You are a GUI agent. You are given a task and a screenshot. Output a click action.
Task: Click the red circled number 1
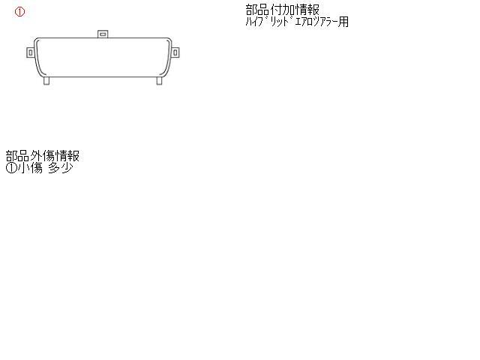coord(19,12)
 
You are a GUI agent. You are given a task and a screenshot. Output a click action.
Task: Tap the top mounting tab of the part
coord(103,34)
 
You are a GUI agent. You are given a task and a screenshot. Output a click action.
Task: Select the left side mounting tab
coord(30,52)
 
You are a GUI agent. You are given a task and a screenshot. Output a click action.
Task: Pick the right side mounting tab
coord(175,52)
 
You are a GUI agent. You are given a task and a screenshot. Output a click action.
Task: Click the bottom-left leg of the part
coord(46,80)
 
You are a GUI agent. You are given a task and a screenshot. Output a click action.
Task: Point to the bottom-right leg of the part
coord(159,80)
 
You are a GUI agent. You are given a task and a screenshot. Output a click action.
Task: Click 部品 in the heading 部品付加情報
coord(257,10)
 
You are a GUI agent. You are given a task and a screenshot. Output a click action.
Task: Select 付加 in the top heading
coord(283,10)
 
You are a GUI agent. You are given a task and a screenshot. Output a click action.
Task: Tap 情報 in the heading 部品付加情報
coord(307,10)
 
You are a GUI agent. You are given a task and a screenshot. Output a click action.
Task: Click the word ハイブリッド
coord(268,22)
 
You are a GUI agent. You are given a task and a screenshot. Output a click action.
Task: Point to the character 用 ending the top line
coord(343,22)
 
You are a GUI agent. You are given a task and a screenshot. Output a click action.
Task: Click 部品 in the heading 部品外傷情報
coord(17,156)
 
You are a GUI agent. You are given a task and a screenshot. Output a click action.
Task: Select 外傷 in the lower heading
coord(42,156)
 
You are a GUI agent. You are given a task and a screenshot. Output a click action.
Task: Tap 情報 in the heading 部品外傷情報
coord(67,156)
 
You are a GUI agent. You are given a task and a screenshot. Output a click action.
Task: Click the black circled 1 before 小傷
coord(11,168)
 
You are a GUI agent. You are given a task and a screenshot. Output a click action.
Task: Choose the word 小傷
coord(30,168)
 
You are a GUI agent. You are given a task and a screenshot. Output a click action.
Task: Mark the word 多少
coord(61,168)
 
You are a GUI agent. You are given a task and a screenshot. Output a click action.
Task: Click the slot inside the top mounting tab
coord(103,34)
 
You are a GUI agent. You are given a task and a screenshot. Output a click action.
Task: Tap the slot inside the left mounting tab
coord(30,53)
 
